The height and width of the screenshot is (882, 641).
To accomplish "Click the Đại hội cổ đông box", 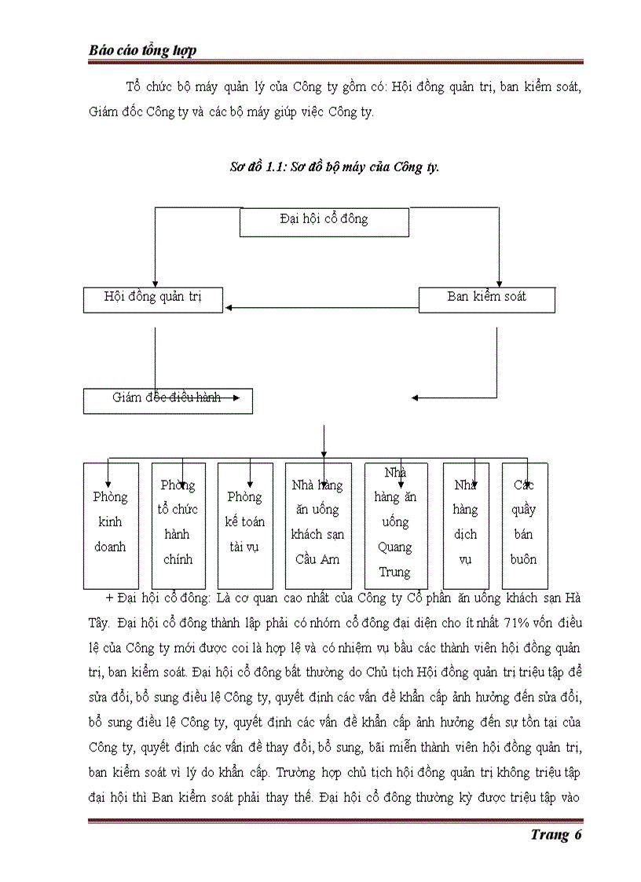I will point(324,221).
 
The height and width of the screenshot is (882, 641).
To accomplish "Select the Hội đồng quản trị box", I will point(153,299).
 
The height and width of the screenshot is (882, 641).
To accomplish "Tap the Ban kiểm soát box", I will point(486,299).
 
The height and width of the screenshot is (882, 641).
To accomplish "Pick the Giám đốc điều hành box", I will point(167,401).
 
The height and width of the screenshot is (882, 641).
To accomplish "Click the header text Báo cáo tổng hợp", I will point(142,50).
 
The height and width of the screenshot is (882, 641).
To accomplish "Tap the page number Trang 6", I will point(555,834).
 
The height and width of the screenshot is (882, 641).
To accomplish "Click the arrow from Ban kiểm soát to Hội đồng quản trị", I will point(322,307).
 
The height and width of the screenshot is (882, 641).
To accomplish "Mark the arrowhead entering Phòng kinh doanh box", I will point(109,485).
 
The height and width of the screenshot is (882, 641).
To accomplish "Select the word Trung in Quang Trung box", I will point(395,572).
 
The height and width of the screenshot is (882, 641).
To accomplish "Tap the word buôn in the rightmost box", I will point(524,559).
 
